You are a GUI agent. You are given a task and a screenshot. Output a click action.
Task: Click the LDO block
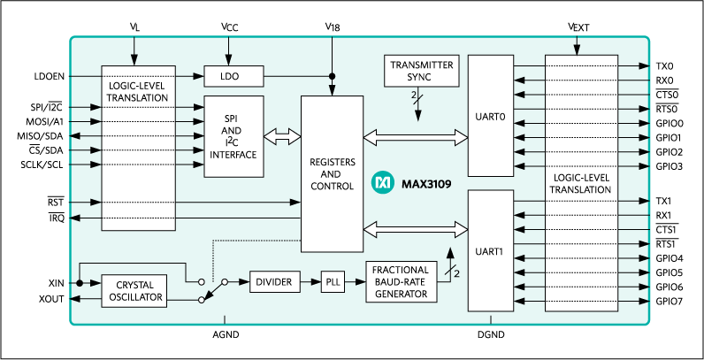230,76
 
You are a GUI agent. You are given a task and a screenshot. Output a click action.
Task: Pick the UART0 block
490,115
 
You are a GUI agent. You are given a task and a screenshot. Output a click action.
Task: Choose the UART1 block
490,250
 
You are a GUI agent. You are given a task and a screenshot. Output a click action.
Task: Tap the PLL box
332,281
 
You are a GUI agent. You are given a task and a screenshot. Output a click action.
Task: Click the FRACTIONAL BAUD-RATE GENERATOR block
401,282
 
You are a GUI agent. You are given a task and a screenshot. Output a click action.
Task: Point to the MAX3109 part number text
425,184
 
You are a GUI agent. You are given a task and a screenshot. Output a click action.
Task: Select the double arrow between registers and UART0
415,136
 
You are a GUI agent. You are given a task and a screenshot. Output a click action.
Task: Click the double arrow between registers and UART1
415,230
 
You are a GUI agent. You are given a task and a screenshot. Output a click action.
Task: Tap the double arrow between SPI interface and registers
281,136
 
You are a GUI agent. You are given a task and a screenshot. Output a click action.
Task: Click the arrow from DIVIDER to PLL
310,281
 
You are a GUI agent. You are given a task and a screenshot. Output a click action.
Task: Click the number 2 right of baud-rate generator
457,274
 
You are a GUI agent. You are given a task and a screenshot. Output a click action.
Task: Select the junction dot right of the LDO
333,76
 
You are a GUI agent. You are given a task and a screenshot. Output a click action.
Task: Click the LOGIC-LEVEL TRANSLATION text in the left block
137,91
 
